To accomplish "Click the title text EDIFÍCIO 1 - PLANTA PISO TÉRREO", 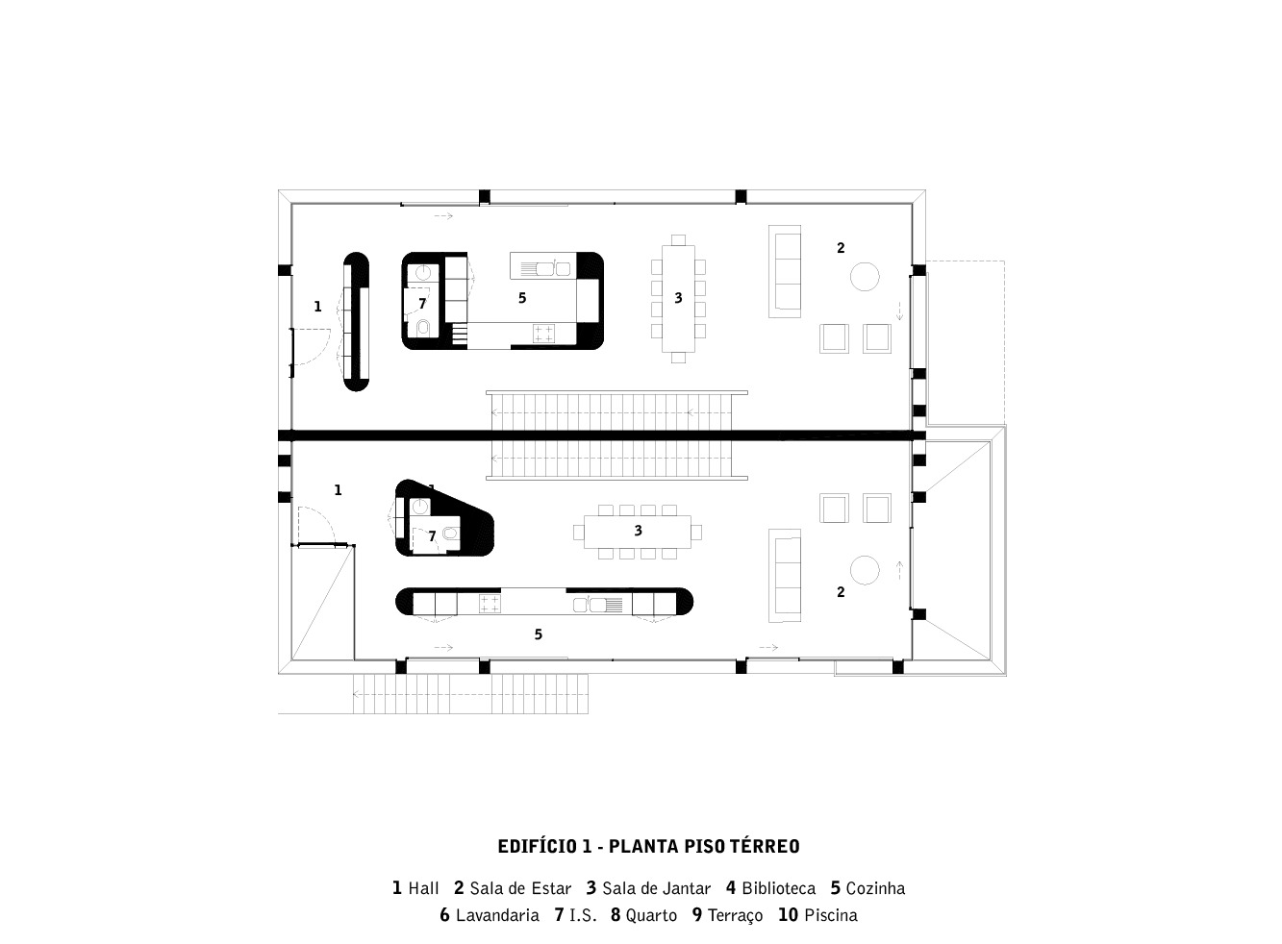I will (648, 847).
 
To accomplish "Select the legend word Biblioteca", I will (778, 889).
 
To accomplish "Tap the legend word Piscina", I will (830, 916).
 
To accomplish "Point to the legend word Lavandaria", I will (497, 916).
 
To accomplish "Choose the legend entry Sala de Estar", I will (520, 889).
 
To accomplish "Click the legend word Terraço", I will (735, 916).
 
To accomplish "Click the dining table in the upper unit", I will (678, 299).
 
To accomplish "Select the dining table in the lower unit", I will (637, 532).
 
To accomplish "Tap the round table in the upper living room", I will (865, 277).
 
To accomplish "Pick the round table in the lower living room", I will (865, 570).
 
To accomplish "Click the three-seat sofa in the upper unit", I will (785, 272).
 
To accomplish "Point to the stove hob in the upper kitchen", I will (543, 333).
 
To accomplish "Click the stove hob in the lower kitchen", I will (490, 604).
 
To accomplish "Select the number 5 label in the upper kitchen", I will (522, 298).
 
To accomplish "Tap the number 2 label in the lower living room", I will (841, 592).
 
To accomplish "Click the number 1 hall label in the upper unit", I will (317, 307).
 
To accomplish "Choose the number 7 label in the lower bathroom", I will (432, 536).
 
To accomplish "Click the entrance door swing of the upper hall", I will (310, 346).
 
